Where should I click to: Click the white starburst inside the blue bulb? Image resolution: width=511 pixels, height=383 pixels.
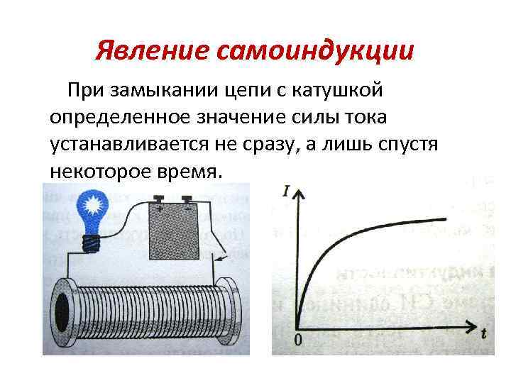click(90, 207)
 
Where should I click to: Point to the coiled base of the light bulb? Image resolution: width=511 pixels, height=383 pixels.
click(90, 243)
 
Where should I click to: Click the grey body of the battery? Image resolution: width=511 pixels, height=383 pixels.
click(174, 234)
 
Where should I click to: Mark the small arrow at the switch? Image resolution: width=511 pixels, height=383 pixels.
click(221, 253)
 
